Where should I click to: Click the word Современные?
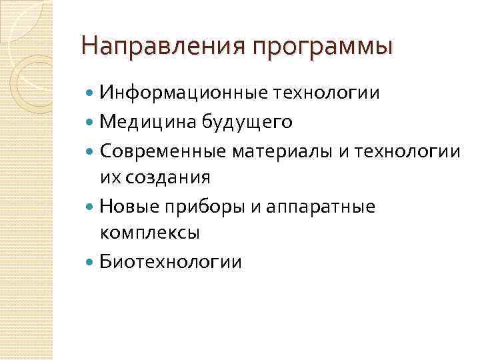click(x=164, y=151)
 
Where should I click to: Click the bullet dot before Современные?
click(x=91, y=151)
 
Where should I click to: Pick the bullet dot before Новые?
click(x=91, y=207)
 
